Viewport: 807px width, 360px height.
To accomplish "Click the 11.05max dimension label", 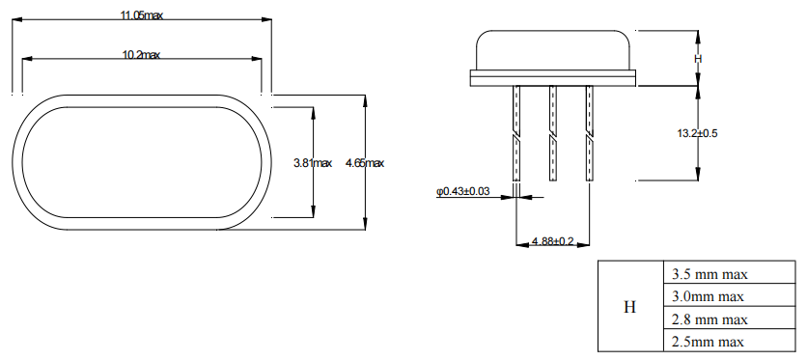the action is coord(142,15).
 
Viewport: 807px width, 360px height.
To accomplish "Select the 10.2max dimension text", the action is coord(141,54).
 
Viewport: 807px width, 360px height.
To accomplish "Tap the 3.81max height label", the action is coord(313,163).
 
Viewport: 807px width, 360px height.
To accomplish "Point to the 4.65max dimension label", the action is coord(365,163).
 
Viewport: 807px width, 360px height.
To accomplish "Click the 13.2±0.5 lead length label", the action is coord(697,133).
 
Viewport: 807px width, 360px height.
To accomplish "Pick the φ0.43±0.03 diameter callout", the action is coord(463,191).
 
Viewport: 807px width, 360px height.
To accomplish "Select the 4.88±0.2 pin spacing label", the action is coord(553,240).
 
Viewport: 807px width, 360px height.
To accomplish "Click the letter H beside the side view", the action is coord(698,59).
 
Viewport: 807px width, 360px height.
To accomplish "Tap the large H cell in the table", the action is coord(630,307).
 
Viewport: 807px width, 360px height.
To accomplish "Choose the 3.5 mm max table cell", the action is coord(729,272).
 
